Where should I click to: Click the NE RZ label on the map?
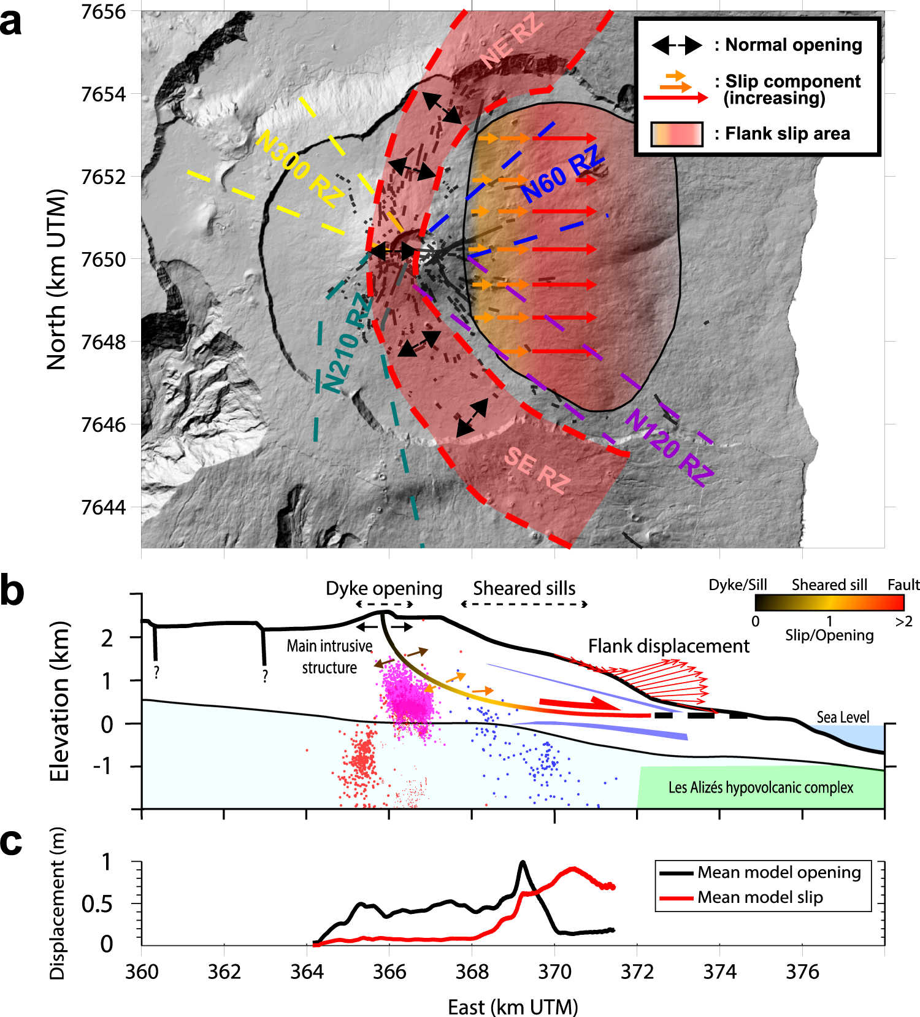512,42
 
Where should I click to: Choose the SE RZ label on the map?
537,470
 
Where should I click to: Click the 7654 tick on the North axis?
103,94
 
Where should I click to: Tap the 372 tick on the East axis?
637,972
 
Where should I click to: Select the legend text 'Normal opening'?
794,45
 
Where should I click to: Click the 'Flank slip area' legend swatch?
677,134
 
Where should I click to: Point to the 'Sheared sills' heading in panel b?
524,589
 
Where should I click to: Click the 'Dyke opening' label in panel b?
384,589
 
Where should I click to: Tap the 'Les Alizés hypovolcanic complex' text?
761,788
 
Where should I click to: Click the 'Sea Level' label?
843,717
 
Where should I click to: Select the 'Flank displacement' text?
669,646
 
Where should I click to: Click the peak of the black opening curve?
523,862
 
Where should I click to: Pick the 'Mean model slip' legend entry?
760,897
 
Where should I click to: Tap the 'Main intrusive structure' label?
329,656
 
